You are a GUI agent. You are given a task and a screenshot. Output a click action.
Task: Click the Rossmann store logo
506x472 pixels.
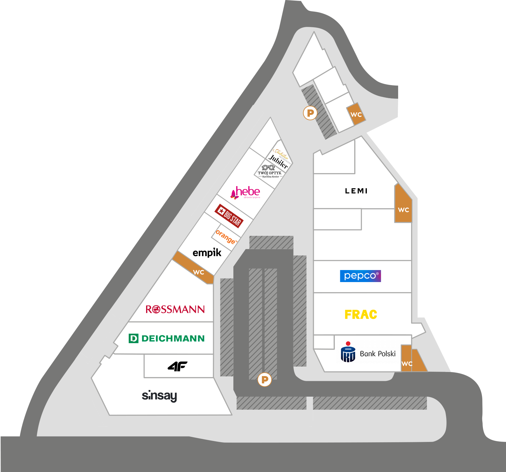click(x=175, y=309)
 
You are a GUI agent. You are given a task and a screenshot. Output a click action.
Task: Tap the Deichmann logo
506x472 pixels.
click(x=167, y=338)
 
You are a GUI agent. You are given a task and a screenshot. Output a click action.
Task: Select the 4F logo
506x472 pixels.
click(x=177, y=366)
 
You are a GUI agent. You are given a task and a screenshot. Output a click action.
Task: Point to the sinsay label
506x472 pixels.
click(x=159, y=396)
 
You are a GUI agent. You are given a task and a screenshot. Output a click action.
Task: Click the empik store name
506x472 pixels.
click(x=207, y=253)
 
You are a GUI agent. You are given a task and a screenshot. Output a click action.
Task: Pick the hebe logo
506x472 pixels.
click(x=246, y=192)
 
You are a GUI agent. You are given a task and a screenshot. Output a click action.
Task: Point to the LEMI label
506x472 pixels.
click(x=356, y=191)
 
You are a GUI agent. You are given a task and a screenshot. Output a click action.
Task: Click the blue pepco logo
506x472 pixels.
click(x=360, y=276)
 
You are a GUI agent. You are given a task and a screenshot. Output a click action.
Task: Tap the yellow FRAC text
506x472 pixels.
click(x=361, y=315)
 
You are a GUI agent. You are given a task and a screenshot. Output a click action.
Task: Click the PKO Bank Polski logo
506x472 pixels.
click(x=368, y=353)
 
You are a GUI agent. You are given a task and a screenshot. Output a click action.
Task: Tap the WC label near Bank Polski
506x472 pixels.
click(x=407, y=363)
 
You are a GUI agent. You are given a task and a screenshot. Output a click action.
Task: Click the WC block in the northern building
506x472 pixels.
click(x=356, y=114)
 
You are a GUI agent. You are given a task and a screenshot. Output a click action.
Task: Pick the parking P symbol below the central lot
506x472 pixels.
click(x=265, y=380)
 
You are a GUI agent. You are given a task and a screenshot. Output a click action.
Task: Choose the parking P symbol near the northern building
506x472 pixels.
click(x=310, y=113)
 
